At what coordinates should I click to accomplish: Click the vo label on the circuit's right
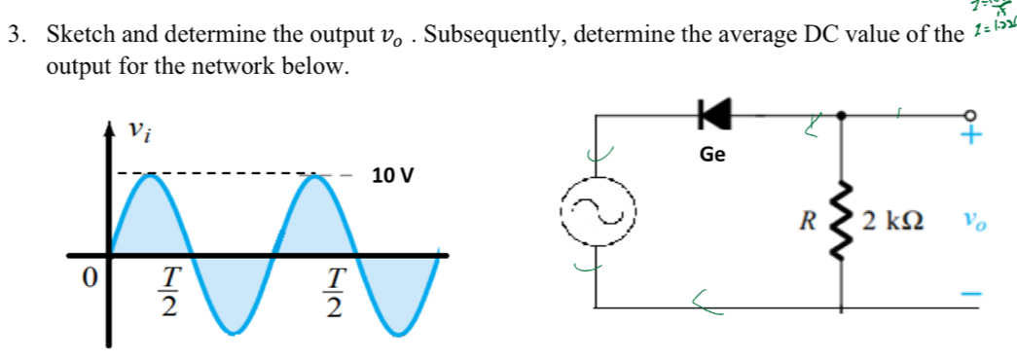974,222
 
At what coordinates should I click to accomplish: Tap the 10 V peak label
392,176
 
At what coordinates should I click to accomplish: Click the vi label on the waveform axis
143,129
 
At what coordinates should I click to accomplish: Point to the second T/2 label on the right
334,293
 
